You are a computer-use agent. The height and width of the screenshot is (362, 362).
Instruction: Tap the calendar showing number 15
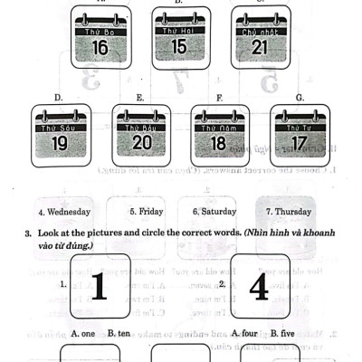[x=181, y=35]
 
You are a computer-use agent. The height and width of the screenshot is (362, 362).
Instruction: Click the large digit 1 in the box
[x=101, y=287]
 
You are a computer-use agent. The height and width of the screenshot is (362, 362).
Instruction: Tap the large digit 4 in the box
[x=261, y=287]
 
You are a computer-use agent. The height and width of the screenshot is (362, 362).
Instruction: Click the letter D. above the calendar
[x=58, y=96]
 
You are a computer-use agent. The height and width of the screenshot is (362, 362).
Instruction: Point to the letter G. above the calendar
[x=300, y=96]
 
